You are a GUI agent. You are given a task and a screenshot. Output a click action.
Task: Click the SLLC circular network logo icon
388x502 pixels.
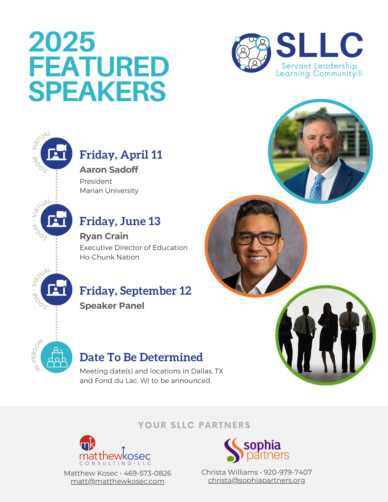point(251,53)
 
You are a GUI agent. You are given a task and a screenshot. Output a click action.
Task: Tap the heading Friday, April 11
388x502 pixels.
point(121,155)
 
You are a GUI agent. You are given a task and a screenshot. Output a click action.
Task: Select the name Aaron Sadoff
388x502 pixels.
point(109,170)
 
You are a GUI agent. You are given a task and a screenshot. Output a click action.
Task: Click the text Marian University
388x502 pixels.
point(109,191)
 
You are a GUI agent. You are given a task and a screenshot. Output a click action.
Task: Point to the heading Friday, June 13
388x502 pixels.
point(120,221)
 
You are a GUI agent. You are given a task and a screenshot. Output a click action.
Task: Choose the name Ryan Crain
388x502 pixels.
point(104,236)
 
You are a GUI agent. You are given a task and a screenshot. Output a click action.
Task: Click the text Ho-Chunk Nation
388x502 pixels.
point(109,257)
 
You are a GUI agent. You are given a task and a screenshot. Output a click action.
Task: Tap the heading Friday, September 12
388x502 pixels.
point(135,291)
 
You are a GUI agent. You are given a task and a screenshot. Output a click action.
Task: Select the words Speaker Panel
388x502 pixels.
point(112,306)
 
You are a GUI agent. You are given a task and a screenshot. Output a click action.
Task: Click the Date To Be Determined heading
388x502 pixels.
point(141,357)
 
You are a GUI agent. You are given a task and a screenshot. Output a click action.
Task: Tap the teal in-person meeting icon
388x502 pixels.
point(57,357)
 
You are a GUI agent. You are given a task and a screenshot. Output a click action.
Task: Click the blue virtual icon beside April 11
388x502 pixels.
point(57,153)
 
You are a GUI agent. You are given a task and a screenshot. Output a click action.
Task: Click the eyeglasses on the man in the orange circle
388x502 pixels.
point(257,238)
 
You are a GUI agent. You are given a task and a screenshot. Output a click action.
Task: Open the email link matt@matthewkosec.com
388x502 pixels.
point(118,481)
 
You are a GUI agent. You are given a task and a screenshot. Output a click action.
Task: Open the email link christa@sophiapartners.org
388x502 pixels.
point(256,480)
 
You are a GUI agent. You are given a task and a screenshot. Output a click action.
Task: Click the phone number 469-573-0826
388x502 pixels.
point(148,473)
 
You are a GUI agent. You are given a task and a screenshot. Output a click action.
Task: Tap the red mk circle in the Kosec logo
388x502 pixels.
point(88,443)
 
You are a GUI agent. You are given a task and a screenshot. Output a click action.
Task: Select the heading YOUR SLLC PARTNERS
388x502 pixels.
point(194,425)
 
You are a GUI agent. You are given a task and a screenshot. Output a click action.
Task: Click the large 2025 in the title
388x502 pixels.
point(62,42)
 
